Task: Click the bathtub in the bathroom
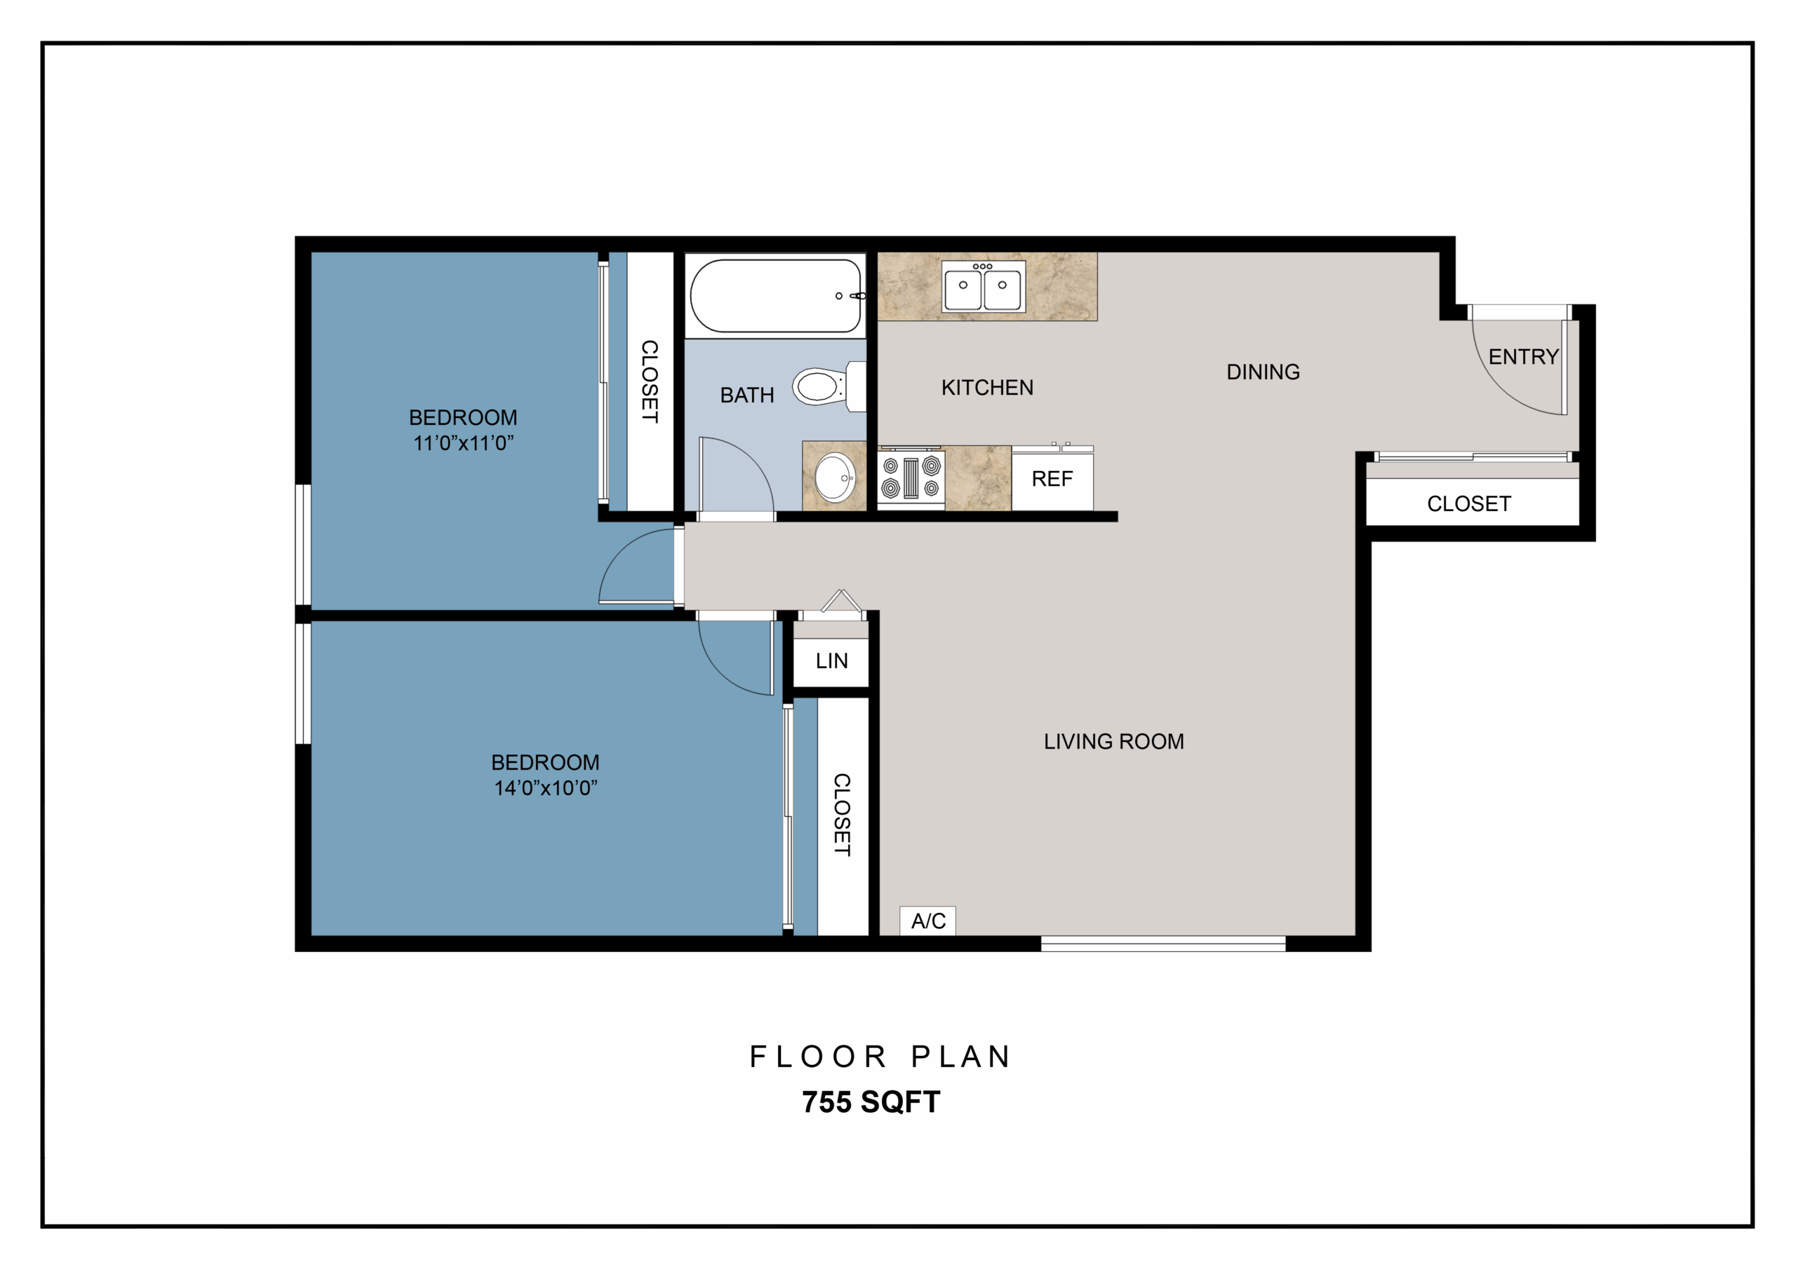tap(775, 296)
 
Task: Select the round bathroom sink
tap(835, 476)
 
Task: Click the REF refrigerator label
tap(1052, 479)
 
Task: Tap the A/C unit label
tap(928, 921)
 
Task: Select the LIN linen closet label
tap(831, 660)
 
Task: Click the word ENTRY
tap(1523, 357)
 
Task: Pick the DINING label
tap(1264, 372)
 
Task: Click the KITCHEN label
tap(987, 387)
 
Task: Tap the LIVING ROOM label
tap(1114, 741)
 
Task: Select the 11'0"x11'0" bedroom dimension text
tap(463, 442)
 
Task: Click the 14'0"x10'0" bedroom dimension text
tap(545, 787)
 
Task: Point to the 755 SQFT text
tap(871, 1101)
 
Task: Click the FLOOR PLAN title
tap(880, 1057)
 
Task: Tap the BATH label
tap(747, 395)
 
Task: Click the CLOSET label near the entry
tap(1469, 503)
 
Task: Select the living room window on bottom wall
tap(1163, 944)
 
